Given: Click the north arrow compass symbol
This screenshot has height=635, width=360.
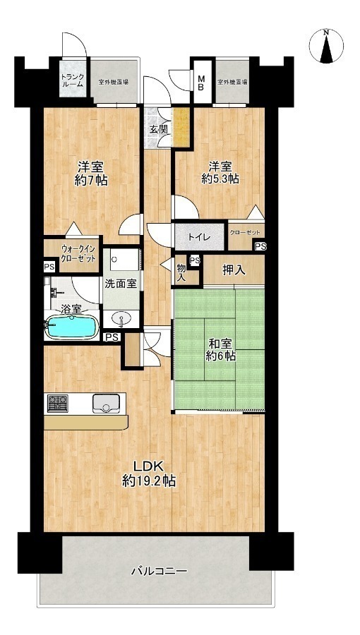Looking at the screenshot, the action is (x=326, y=46).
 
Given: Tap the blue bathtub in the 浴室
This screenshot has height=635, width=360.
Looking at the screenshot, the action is (x=72, y=327).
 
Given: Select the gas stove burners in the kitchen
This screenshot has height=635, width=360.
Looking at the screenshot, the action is (x=58, y=404).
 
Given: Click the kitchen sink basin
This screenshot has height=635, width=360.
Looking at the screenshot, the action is (x=106, y=404).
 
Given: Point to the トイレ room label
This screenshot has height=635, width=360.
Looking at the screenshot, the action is (x=198, y=237).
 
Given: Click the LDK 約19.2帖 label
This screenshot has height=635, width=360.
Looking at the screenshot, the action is (x=149, y=474).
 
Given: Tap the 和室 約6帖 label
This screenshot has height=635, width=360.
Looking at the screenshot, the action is (x=221, y=350).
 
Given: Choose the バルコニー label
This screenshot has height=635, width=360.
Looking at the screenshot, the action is (x=159, y=571).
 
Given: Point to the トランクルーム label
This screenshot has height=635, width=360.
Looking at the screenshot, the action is (x=73, y=80).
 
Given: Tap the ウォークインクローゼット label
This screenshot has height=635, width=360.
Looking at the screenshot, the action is (x=78, y=253).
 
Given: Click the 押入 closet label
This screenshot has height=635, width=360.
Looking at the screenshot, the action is (x=234, y=270).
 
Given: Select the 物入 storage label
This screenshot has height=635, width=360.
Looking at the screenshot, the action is (x=181, y=272).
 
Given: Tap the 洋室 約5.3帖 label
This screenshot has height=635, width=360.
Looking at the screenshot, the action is (x=220, y=172).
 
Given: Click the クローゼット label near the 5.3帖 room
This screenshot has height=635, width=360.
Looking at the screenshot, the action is (x=245, y=233).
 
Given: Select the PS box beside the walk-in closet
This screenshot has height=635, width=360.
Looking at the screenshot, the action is (x=50, y=267).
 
